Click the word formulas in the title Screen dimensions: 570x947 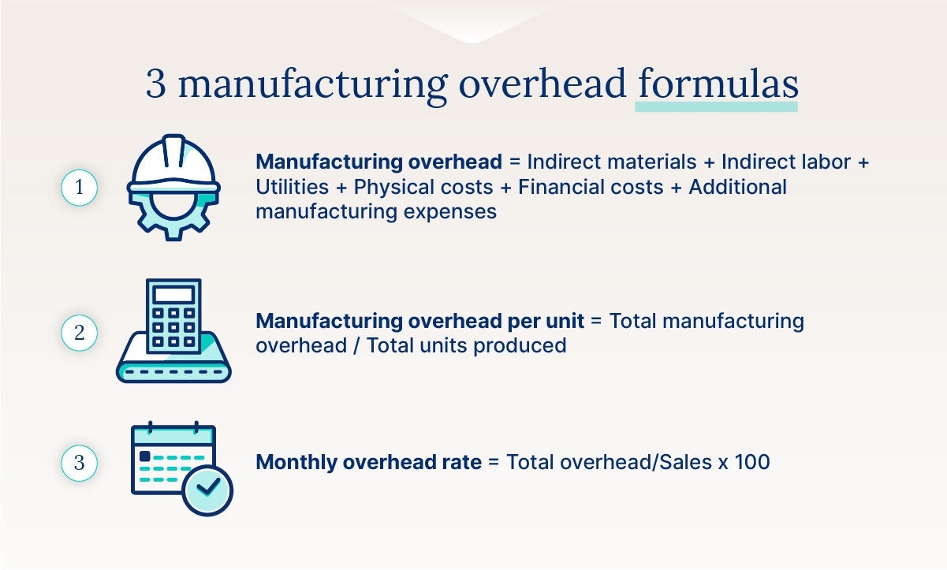(716, 84)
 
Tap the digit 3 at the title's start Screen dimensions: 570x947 (156, 84)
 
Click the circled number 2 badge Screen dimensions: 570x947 (79, 333)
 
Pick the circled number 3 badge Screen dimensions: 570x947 (79, 463)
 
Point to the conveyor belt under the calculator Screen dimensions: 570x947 (173, 365)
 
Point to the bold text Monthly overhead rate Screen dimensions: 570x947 (368, 462)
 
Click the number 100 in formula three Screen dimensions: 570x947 (753, 462)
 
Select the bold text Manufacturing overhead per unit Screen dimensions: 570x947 (420, 321)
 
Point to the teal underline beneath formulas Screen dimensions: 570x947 (716, 106)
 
